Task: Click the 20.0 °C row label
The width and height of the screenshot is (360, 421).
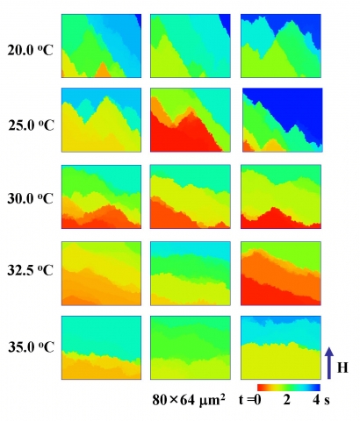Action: [x=30, y=51]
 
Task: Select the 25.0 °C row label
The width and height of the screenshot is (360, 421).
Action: [x=31, y=125]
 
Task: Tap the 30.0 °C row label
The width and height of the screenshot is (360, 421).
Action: [x=31, y=199]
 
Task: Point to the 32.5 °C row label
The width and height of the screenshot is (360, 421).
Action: [x=31, y=270]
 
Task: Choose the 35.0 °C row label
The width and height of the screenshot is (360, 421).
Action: [x=31, y=347]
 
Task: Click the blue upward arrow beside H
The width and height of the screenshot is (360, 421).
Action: [x=329, y=363]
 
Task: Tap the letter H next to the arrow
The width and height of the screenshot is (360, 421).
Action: [x=342, y=367]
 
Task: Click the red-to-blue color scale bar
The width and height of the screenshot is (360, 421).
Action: [x=289, y=388]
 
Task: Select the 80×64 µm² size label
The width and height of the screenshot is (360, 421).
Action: [x=189, y=400]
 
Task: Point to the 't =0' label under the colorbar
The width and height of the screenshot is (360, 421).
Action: [x=249, y=400]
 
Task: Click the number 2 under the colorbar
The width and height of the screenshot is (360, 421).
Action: [x=287, y=400]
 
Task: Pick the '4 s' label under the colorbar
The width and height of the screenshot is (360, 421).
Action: [x=321, y=400]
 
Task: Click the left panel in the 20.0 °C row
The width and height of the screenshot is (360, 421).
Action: [x=101, y=46]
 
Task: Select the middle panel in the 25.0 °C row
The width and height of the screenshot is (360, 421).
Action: [x=191, y=120]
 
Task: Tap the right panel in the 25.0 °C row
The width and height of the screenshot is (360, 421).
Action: [x=283, y=120]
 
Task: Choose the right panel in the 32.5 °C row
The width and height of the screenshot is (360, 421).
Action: [x=281, y=274]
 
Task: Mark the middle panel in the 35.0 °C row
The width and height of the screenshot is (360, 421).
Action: [x=191, y=347]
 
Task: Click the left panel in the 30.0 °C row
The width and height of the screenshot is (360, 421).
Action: [x=101, y=196]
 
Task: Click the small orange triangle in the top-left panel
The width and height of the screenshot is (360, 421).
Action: [x=102, y=71]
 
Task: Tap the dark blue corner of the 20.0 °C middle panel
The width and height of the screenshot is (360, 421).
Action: [x=227, y=23]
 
